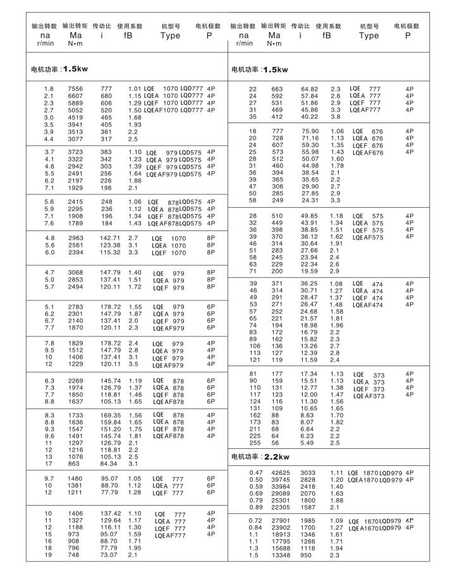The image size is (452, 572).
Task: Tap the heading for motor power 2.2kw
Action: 260,456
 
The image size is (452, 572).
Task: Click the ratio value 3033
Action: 306,472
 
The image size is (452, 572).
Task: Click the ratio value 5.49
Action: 305,443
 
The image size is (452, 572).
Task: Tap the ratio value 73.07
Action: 103,556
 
